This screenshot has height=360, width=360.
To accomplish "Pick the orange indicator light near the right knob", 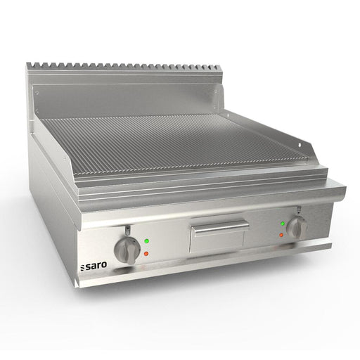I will [281, 234].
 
